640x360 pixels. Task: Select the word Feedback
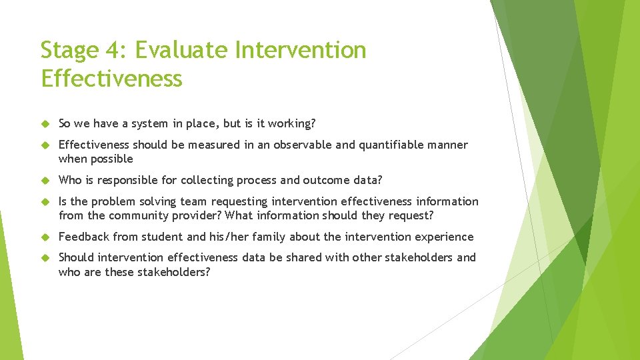[x=84, y=237]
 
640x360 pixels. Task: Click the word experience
[x=445, y=237]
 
